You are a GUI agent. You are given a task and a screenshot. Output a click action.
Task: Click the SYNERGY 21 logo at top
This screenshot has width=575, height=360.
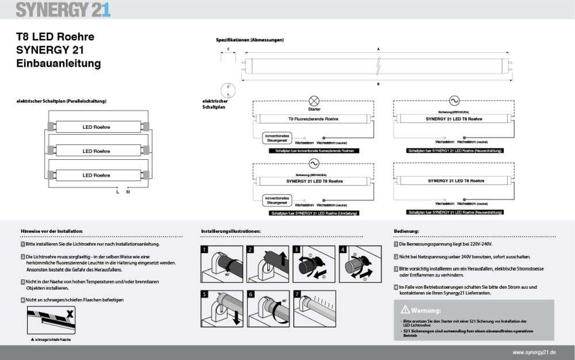point(63,10)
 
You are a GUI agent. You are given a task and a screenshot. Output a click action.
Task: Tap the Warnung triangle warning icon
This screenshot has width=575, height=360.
point(405,309)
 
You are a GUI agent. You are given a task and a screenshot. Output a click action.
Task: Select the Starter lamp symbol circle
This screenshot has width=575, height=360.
point(314,99)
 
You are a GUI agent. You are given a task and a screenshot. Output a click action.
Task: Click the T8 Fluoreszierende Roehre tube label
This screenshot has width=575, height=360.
point(313,118)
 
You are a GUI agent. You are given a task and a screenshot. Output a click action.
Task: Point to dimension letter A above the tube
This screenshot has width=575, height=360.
point(378,49)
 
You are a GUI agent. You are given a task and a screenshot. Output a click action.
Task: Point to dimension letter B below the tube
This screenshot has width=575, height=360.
point(378,84)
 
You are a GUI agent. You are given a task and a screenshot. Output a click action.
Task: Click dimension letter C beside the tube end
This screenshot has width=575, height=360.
point(228,49)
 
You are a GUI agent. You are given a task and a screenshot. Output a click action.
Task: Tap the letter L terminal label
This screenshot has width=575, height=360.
point(117,192)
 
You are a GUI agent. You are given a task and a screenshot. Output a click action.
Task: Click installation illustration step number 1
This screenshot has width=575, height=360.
point(205,250)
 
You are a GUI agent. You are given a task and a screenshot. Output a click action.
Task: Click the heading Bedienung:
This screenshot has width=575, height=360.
point(406,231)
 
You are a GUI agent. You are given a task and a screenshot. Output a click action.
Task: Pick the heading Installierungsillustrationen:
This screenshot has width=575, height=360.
point(231,231)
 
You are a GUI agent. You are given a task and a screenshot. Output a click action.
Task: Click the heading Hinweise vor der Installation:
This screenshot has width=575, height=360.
point(51,231)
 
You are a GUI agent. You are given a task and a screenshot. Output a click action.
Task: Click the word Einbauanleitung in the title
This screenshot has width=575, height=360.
point(59,63)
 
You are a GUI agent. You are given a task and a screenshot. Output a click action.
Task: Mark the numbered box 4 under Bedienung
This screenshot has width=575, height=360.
point(396,287)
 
